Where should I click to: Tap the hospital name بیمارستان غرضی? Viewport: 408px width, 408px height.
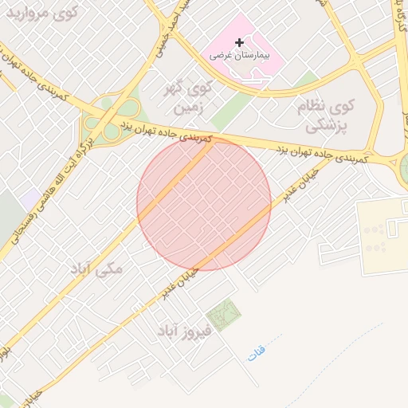(239, 57)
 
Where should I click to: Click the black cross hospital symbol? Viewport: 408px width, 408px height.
(239, 41)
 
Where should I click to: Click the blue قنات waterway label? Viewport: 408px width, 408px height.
(257, 351)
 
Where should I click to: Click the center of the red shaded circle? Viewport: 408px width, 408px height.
(204, 203)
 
